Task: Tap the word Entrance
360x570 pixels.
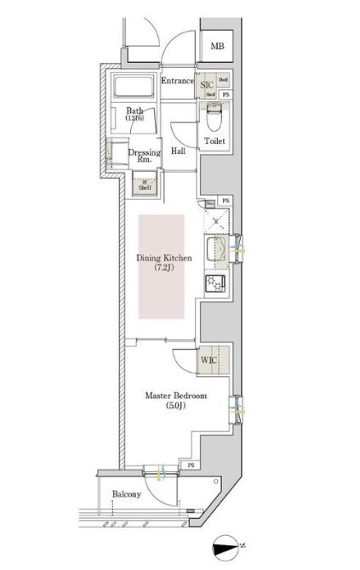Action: point(178,81)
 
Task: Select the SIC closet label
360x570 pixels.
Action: point(207,85)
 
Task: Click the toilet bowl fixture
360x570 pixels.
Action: point(214,116)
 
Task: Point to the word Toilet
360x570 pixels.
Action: point(214,140)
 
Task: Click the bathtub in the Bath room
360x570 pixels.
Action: point(130,88)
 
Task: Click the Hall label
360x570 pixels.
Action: point(178,151)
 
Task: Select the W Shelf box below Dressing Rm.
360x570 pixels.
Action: point(146,185)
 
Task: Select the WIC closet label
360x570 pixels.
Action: point(209,361)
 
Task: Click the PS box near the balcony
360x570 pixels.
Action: point(191,465)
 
